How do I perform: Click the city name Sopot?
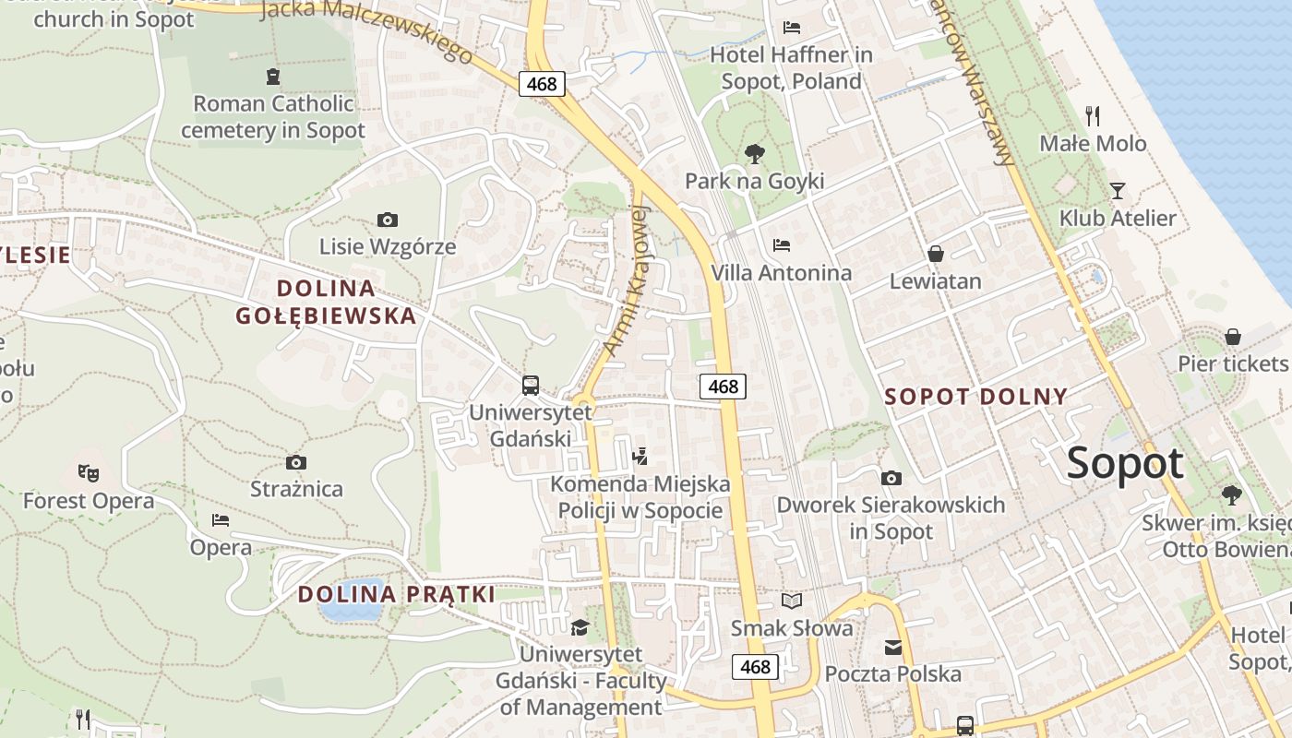click(x=1125, y=464)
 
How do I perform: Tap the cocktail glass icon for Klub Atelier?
click(x=1118, y=191)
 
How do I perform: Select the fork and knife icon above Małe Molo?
click(x=1093, y=115)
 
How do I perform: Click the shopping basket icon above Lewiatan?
click(x=935, y=254)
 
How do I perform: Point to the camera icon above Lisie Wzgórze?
click(x=388, y=220)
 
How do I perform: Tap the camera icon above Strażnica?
click(x=296, y=462)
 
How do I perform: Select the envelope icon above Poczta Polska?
click(x=893, y=648)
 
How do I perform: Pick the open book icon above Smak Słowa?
click(x=792, y=601)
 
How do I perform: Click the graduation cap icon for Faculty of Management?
click(x=580, y=627)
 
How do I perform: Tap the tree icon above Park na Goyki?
click(x=754, y=153)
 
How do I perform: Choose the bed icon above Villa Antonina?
click(x=782, y=245)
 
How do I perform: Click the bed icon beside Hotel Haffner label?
click(x=791, y=28)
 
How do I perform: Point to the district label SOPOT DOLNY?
click(x=975, y=398)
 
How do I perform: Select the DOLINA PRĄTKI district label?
click(x=397, y=594)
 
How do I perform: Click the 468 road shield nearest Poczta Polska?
click(x=755, y=667)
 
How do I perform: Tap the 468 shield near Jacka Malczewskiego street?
click(x=541, y=84)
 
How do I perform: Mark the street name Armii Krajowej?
click(x=628, y=280)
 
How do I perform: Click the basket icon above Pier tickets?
click(x=1233, y=337)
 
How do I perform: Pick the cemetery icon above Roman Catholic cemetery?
click(x=272, y=76)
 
